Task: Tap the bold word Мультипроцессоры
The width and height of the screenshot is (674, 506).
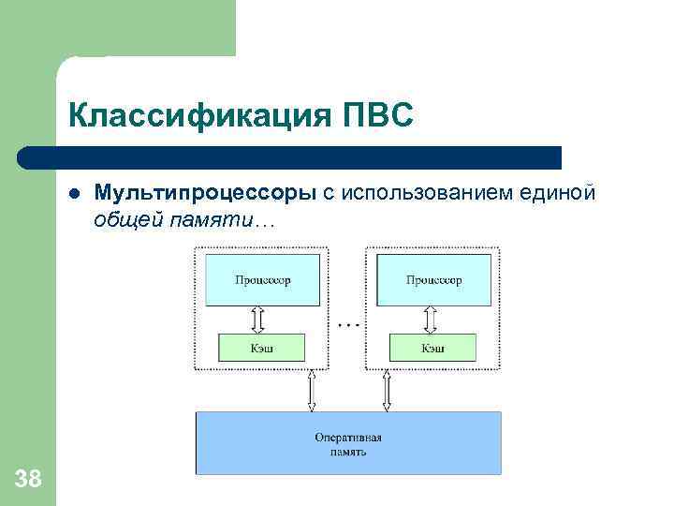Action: [205, 193]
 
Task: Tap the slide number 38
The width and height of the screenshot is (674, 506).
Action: [28, 480]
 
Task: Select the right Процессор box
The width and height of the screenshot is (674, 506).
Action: [432, 280]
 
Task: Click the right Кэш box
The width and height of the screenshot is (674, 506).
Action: [432, 348]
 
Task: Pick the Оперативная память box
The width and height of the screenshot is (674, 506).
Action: [348, 443]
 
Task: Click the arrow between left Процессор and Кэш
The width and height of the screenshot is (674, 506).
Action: [260, 320]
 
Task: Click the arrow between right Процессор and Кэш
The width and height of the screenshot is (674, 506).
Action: [432, 320]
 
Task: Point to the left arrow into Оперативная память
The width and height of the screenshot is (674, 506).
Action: [313, 390]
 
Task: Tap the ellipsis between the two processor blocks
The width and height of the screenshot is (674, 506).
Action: [347, 324]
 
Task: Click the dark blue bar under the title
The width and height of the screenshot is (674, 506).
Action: [290, 156]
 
